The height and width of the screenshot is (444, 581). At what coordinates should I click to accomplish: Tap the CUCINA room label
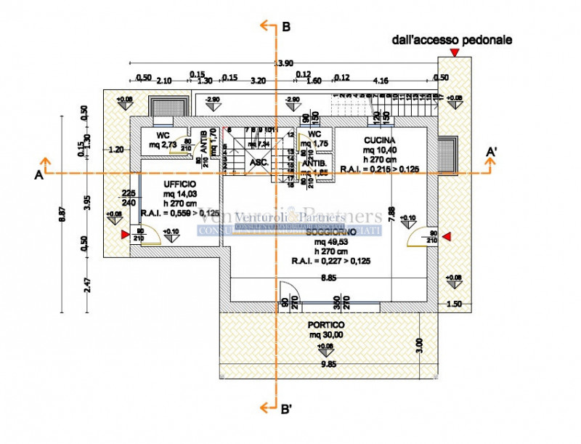381,140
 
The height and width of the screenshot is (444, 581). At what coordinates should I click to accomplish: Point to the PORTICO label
326,325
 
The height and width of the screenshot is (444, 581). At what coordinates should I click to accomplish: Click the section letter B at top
286,27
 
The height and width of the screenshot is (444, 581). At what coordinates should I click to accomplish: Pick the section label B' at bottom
287,409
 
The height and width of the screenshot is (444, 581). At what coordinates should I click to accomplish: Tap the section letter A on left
37,174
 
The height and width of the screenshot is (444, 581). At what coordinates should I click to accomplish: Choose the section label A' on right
492,152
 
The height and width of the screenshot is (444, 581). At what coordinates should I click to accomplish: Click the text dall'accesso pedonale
452,41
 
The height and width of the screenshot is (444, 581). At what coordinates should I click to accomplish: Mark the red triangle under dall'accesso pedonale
454,54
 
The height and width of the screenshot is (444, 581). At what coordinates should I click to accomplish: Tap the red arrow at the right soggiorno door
447,236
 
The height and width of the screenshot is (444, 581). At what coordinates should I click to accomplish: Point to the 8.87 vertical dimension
63,214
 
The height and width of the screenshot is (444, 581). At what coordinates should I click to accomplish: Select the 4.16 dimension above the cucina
381,79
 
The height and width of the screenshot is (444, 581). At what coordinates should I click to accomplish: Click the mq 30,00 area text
325,335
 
